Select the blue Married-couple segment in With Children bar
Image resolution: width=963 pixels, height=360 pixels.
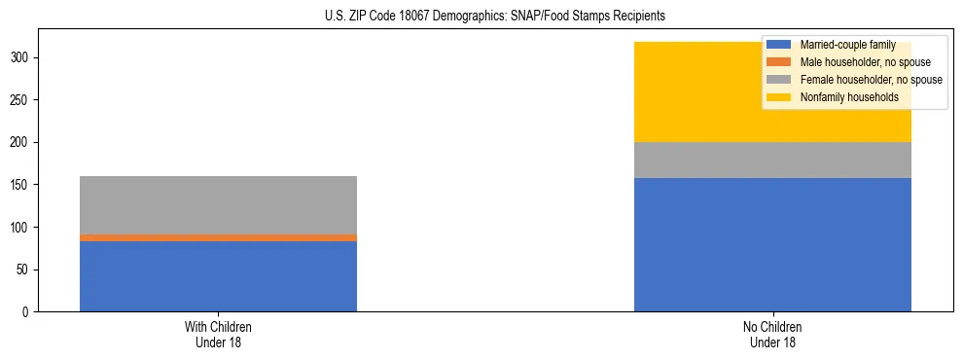[x=218, y=276]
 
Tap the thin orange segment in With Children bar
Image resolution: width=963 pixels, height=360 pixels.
[x=218, y=237]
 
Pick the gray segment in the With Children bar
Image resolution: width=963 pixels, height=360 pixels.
[x=218, y=205]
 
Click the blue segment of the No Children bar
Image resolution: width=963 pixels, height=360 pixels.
[x=772, y=244]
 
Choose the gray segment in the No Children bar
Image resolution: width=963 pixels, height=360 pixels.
[x=772, y=161]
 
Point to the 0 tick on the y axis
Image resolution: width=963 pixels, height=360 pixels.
[x=28, y=312]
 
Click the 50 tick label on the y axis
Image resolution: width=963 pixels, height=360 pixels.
[x=25, y=270]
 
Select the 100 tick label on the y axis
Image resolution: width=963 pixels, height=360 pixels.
[x=22, y=228]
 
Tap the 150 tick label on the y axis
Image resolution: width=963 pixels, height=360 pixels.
[x=22, y=185]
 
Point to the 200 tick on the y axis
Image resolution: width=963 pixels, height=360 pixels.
[x=22, y=143]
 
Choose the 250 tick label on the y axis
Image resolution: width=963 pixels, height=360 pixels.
[x=22, y=100]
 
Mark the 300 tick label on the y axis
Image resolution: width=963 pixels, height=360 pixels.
[x=22, y=58]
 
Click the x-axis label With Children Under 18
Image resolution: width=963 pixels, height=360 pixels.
[x=218, y=334]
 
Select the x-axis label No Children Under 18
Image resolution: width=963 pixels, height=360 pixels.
[x=772, y=334]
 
